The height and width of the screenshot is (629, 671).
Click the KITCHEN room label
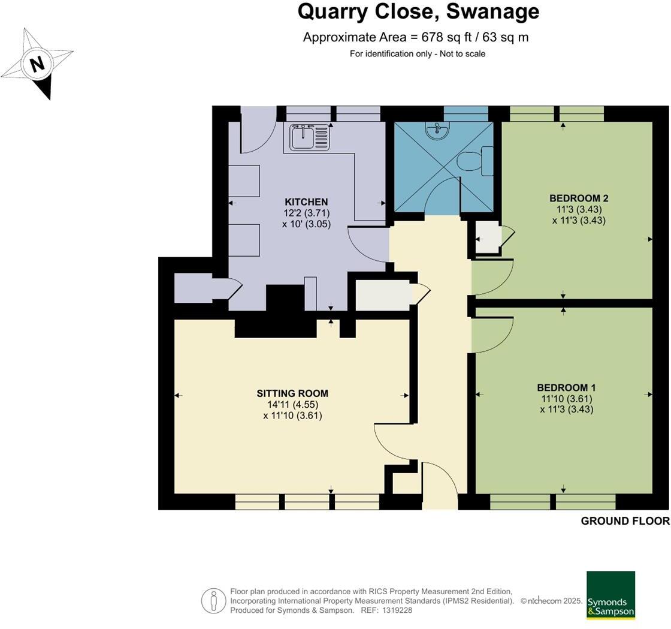tap(306, 201)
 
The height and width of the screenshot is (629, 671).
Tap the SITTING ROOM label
tap(293, 393)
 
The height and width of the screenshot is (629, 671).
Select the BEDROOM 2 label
tap(579, 198)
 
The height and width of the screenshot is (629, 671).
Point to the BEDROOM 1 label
tap(567, 387)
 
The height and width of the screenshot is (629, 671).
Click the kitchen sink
tap(309, 137)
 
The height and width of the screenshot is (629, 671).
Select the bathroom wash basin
tap(437, 130)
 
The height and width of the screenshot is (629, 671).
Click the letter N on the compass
tap(38, 64)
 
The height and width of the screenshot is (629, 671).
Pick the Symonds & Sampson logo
tap(610, 595)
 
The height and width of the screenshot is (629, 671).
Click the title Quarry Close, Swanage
tap(418, 11)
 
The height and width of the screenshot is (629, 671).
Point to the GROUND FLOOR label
tap(625, 520)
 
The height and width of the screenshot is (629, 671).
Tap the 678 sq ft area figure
tap(447, 37)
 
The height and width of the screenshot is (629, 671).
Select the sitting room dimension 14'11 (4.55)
tap(293, 404)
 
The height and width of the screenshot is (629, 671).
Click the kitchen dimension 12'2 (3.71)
tap(306, 213)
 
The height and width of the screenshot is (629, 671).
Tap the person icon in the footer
tap(213, 601)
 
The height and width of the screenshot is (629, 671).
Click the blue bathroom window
tap(466, 115)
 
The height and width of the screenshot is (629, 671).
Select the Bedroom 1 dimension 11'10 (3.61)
tap(567, 399)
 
